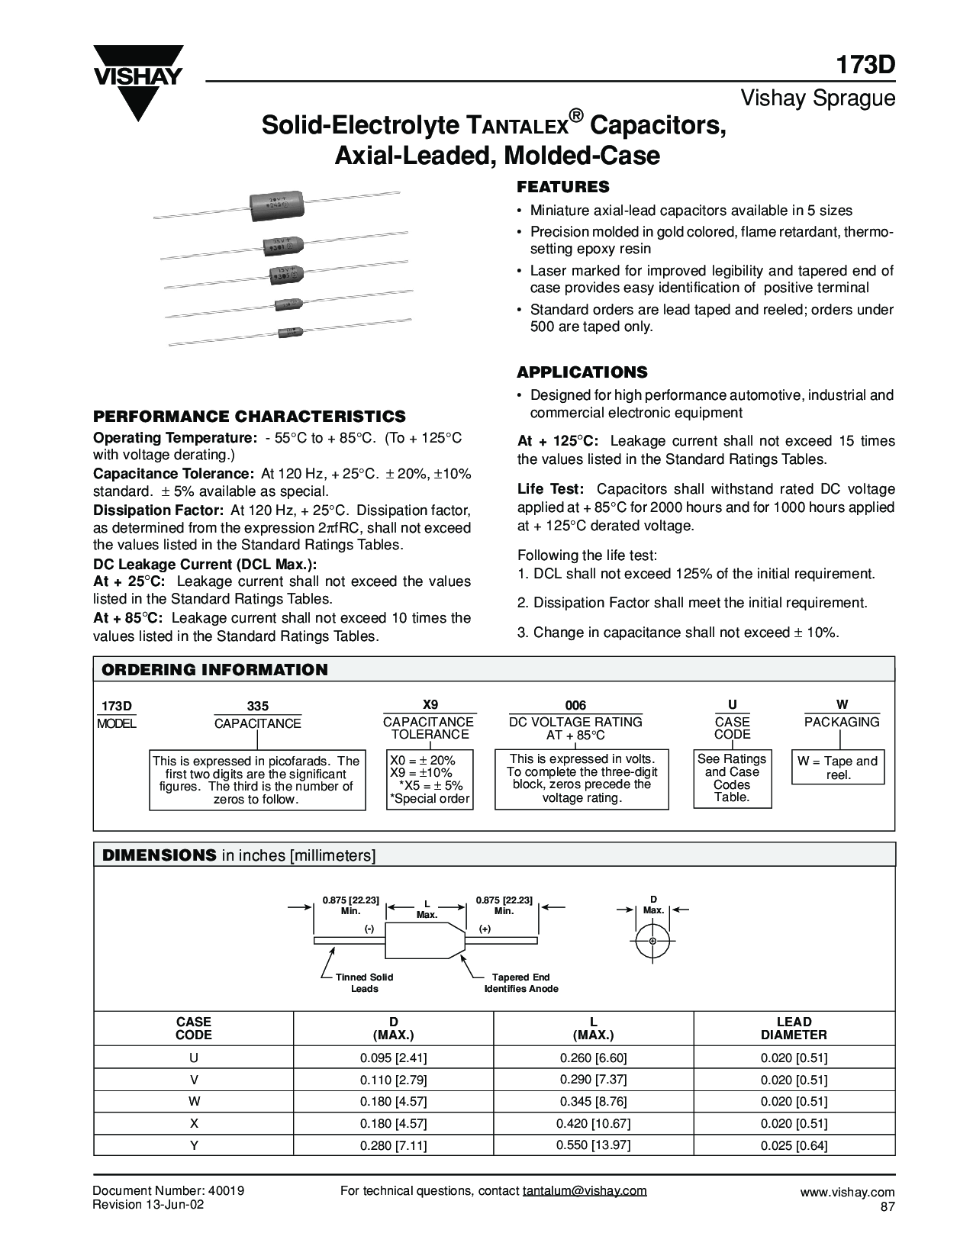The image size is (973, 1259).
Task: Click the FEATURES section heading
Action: [x=563, y=187]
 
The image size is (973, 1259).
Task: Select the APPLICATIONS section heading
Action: [x=582, y=372]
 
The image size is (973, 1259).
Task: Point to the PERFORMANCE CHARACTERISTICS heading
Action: [x=250, y=416]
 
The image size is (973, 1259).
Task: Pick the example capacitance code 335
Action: [x=258, y=707]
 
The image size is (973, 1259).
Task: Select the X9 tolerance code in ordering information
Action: [x=430, y=705]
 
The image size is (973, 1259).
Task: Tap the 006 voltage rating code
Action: [x=575, y=706]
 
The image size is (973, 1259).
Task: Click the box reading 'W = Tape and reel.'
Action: [x=838, y=768]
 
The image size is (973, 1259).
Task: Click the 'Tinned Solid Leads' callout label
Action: [x=364, y=982]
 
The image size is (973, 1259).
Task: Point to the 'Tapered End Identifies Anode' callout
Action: [x=521, y=982]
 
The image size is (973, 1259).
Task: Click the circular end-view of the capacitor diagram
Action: [x=652, y=941]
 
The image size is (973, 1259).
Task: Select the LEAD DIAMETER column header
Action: [x=794, y=1028]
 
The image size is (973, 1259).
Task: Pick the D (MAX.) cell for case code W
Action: [x=393, y=1102]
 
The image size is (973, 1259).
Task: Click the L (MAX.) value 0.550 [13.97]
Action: [x=593, y=1145]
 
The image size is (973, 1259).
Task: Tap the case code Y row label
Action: [x=194, y=1145]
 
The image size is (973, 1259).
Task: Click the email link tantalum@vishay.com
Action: [x=585, y=1190]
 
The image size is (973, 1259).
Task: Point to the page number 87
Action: [x=887, y=1206]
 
